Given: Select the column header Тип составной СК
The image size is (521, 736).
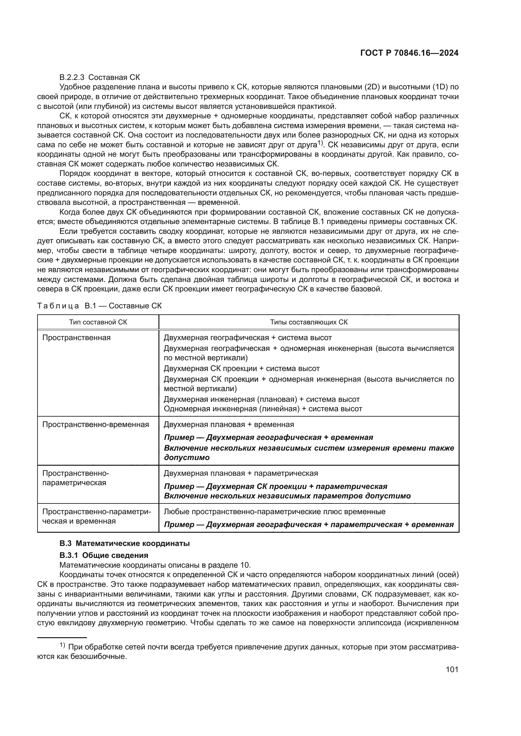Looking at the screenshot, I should [x=98, y=322].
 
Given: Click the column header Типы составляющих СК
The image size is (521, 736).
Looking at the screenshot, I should [x=309, y=322].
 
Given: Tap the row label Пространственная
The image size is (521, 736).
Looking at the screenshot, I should [x=76, y=338].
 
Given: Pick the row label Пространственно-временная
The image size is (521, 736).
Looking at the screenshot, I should [x=96, y=424].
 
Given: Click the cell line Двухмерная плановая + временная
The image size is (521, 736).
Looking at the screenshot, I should [x=229, y=424].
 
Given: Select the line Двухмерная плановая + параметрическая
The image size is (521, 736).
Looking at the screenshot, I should [x=241, y=473].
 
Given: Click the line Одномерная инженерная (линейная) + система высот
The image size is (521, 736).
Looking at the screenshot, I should [x=263, y=409].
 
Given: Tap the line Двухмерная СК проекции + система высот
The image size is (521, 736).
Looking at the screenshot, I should [x=242, y=368].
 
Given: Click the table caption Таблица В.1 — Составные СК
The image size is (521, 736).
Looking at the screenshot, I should [x=100, y=306].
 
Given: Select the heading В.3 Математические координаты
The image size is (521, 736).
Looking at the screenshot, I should [x=124, y=543].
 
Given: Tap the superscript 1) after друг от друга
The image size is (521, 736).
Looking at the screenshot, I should [x=320, y=143].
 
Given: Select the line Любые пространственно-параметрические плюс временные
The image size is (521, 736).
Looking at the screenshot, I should [x=274, y=512].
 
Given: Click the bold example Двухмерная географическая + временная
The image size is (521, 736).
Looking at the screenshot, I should [x=268, y=437].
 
